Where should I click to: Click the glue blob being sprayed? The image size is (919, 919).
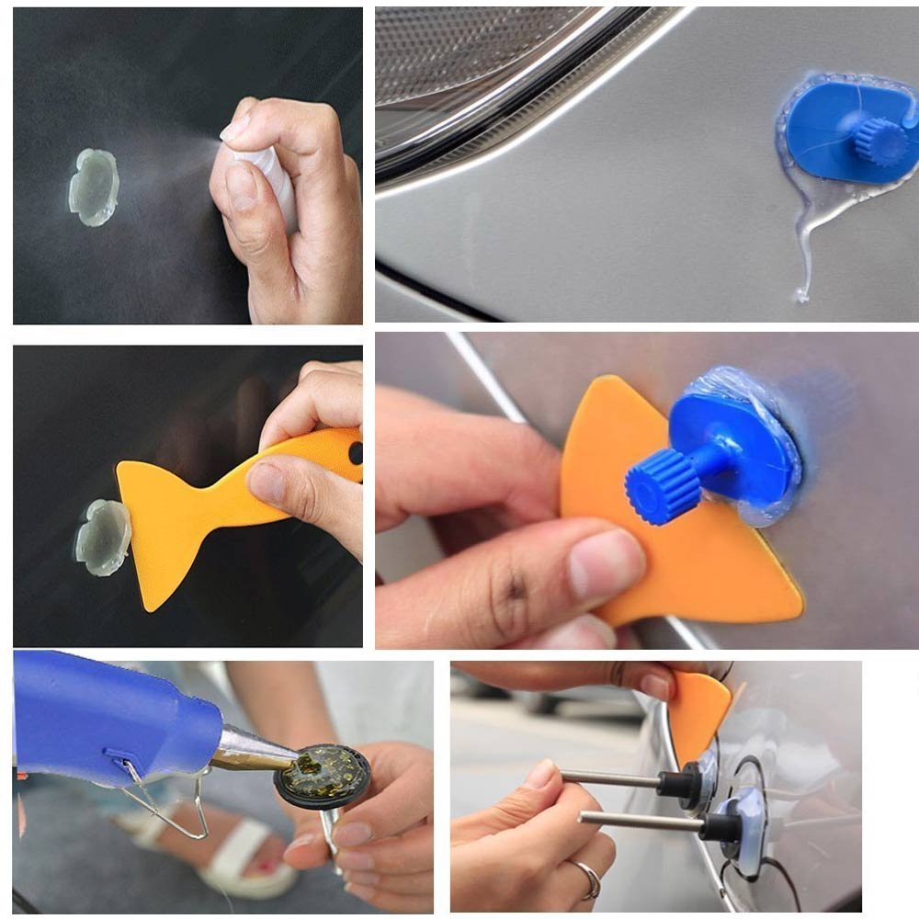tap(94, 187)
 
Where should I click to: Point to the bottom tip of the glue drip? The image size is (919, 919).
tap(801, 296)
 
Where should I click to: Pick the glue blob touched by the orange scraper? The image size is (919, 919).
tap(102, 537)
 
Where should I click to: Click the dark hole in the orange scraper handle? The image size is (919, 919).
tap(355, 452)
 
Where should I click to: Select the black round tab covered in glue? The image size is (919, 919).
tap(323, 776)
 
